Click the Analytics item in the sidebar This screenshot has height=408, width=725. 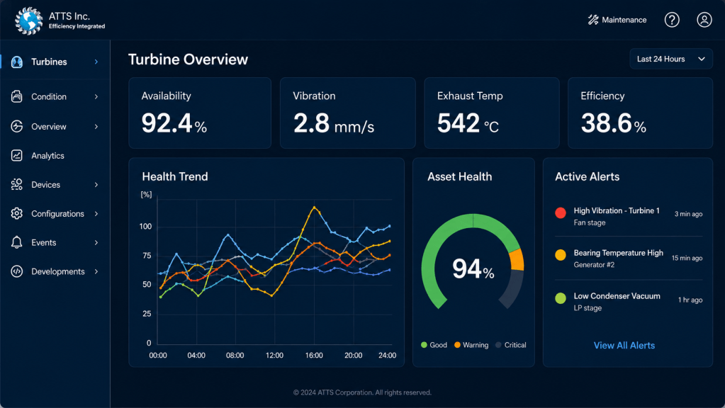(47, 156)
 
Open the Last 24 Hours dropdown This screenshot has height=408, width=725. (671, 59)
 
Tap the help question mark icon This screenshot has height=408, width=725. (672, 20)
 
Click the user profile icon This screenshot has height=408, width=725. (704, 20)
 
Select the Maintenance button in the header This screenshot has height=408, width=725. (617, 20)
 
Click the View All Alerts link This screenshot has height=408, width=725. (624, 345)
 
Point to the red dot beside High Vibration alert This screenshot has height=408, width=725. (561, 212)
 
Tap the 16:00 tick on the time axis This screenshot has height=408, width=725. (314, 356)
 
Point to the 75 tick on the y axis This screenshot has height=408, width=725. (147, 256)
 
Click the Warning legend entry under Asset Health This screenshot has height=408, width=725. (471, 345)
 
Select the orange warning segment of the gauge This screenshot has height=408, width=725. (517, 260)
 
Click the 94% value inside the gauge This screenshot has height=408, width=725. (473, 269)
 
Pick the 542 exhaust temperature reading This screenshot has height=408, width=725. (459, 123)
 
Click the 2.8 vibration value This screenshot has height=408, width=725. (311, 123)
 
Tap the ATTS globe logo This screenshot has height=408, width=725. (28, 21)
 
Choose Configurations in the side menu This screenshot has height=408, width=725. (58, 213)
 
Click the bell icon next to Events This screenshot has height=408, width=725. (16, 242)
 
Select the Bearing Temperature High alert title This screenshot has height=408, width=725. (618, 253)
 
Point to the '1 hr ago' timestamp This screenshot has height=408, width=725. (690, 300)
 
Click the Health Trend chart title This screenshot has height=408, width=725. (175, 176)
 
